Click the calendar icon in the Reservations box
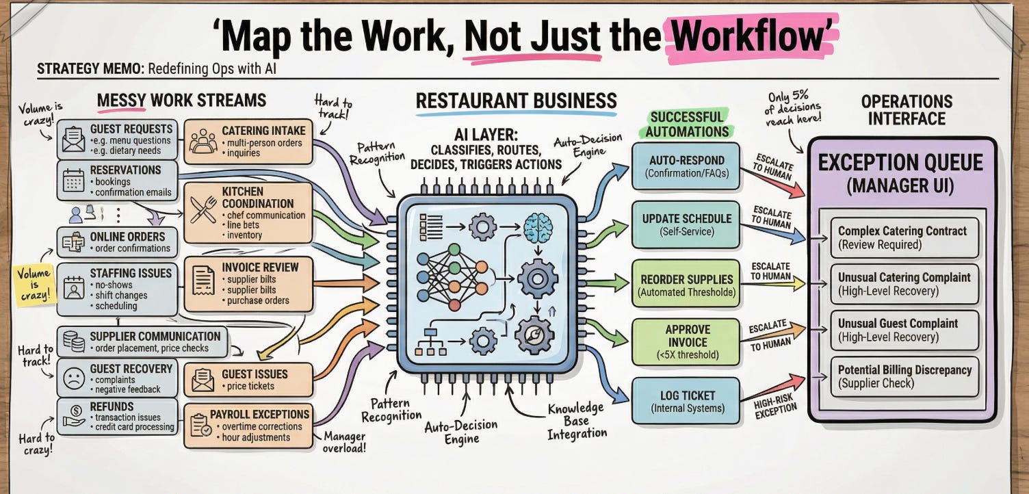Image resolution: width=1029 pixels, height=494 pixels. coord(73,180)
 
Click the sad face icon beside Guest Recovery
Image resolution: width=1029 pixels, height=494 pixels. coord(73,378)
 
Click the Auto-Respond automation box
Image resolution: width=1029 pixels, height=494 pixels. coord(686,165)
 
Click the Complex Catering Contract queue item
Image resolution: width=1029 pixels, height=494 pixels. coord(904,237)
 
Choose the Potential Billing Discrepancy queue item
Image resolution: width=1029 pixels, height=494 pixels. coord(904,376)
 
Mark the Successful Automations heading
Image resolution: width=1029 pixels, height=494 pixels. coord(686,124)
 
